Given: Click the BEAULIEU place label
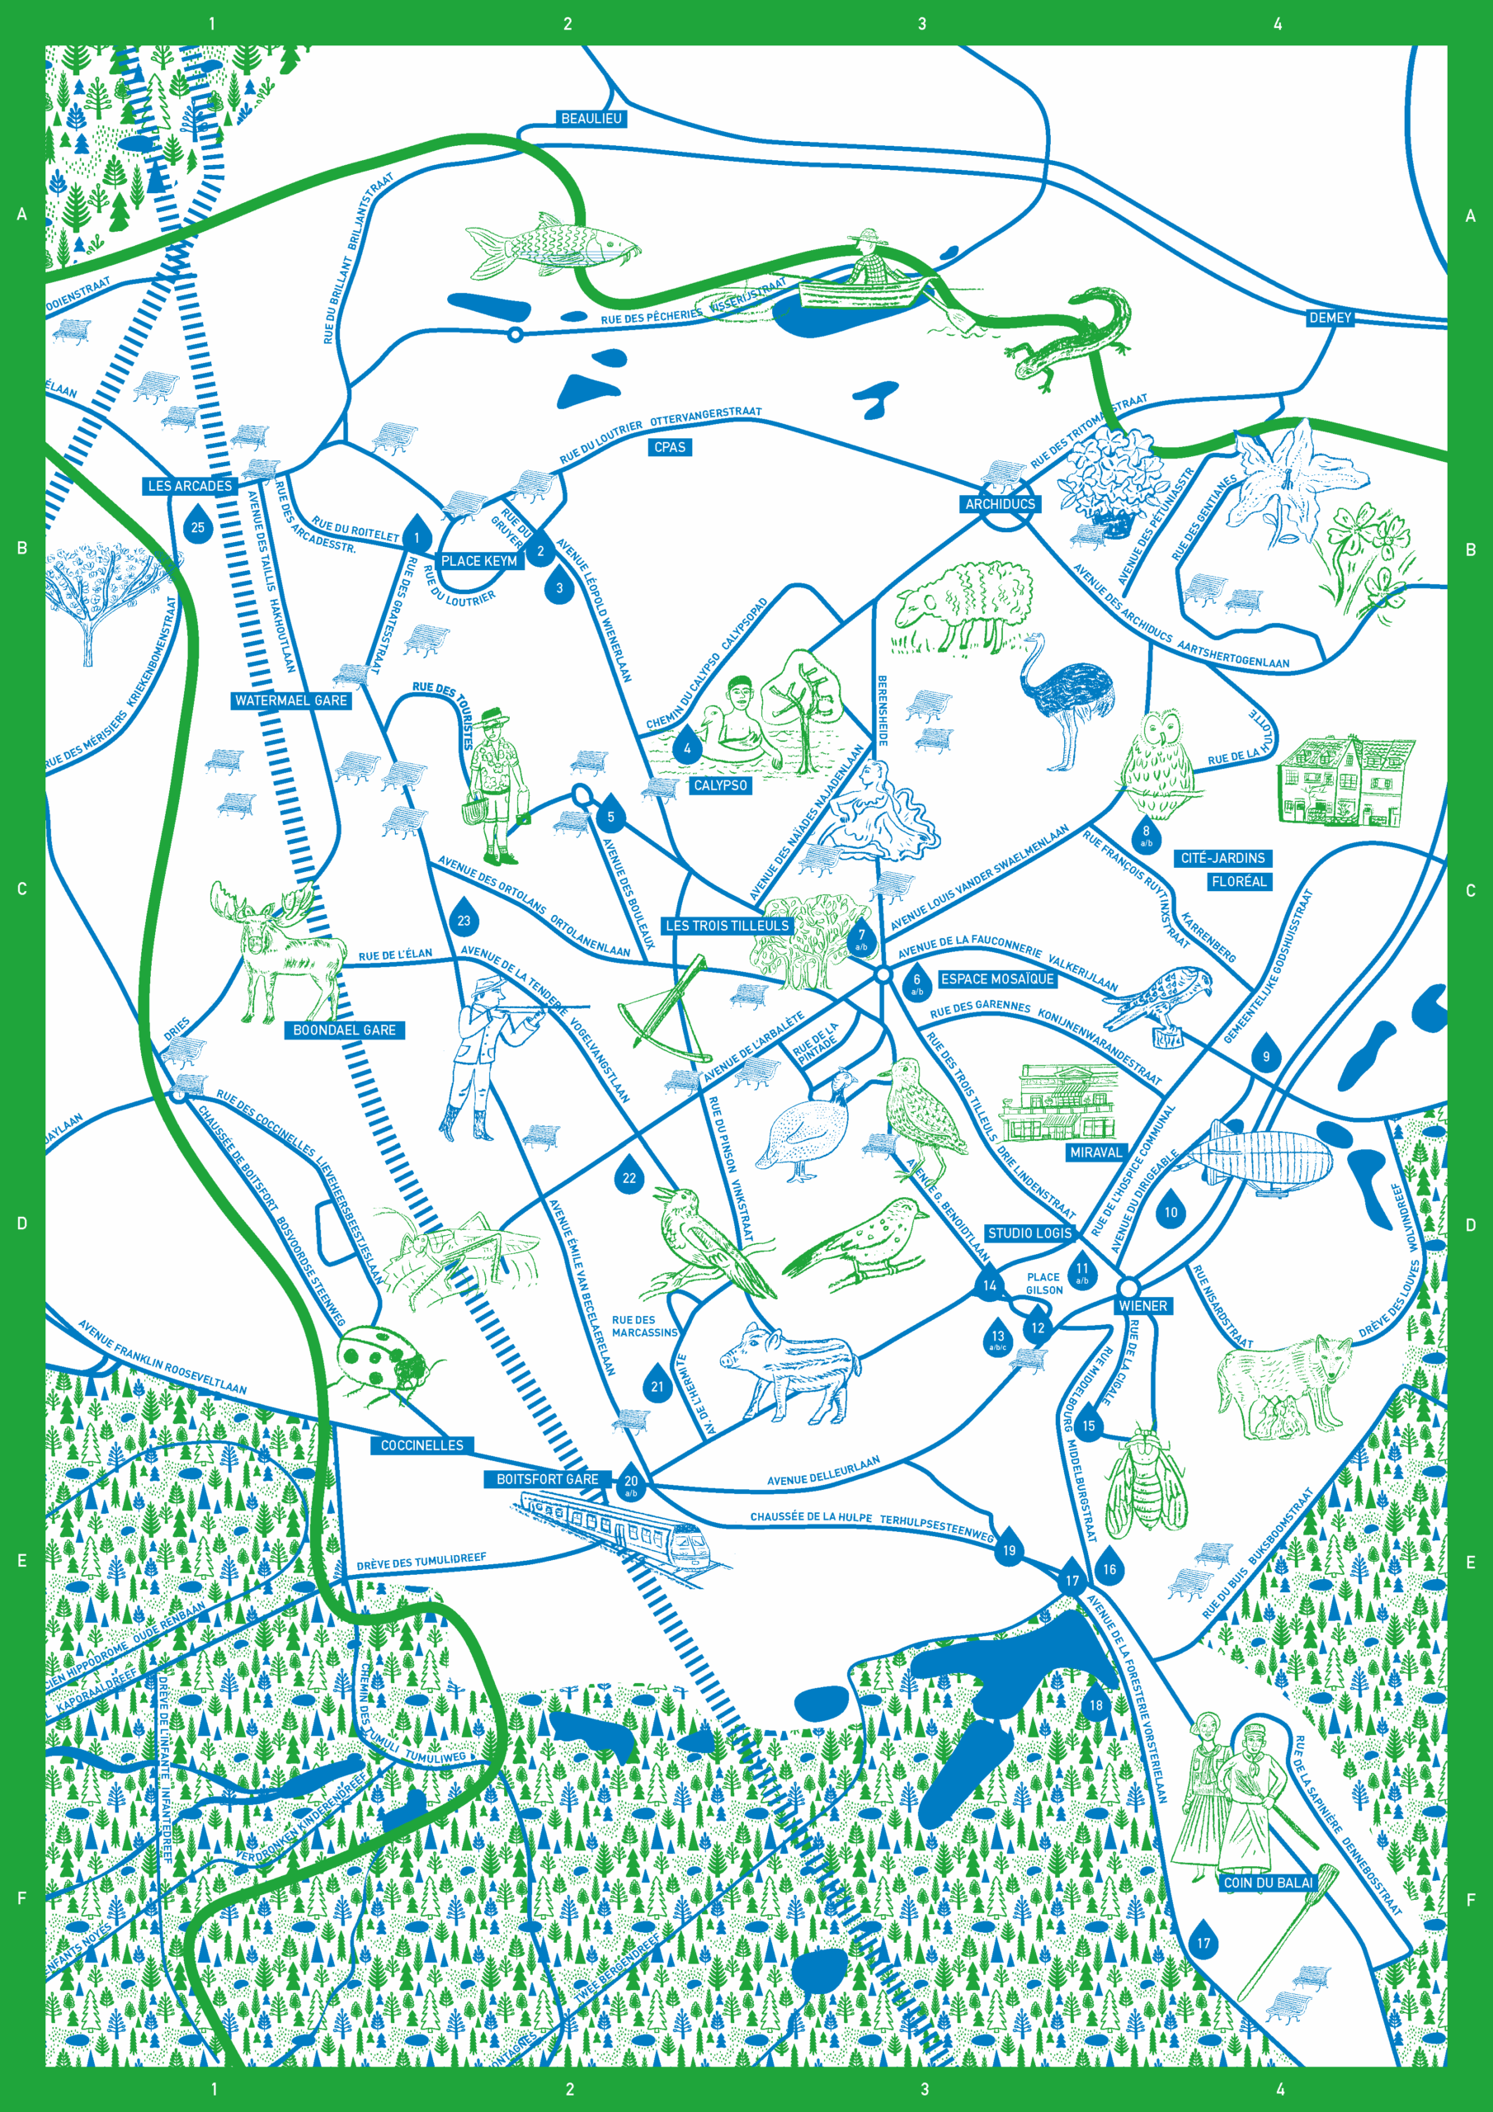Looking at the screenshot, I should tap(591, 119).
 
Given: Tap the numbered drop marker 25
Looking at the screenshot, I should tap(198, 528).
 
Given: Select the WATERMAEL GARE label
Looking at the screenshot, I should tap(290, 700).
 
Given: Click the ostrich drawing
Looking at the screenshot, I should tap(1067, 699).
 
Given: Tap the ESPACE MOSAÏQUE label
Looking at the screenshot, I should tap(996, 978).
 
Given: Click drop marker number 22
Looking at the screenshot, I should tap(629, 1178).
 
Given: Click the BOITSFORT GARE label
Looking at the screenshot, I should tap(548, 1479).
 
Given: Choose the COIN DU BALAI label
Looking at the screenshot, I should tap(1268, 1883).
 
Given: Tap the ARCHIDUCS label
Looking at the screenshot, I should tap(1000, 504).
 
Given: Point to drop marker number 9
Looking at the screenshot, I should tap(1266, 1056).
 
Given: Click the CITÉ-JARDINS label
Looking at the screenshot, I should tap(1222, 857).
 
